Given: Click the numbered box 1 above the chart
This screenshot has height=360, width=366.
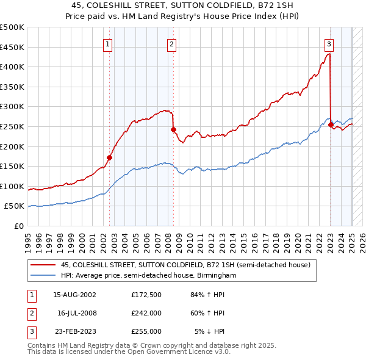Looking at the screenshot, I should pyautogui.click(x=107, y=44).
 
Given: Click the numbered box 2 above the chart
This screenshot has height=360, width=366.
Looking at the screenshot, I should pyautogui.click(x=172, y=44).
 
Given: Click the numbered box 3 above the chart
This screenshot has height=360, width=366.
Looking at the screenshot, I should pyautogui.click(x=329, y=44).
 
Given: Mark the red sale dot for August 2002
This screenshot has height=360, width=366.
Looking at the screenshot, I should pyautogui.click(x=110, y=157).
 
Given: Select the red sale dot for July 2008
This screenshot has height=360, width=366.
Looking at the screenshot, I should pyautogui.click(x=173, y=129).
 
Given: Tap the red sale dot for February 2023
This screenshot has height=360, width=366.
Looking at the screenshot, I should pyautogui.click(x=331, y=124).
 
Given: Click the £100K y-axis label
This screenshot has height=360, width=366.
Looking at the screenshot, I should pyautogui.click(x=13, y=186).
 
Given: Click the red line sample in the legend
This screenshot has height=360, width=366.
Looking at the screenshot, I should pyautogui.click(x=43, y=265).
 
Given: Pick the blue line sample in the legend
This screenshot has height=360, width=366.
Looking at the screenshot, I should pyautogui.click(x=43, y=276).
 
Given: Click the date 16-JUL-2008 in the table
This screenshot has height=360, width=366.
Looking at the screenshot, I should pyautogui.click(x=77, y=313).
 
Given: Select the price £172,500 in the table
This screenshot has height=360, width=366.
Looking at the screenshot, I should pyautogui.click(x=146, y=295).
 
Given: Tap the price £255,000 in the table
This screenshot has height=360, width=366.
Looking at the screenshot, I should pyautogui.click(x=146, y=331).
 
